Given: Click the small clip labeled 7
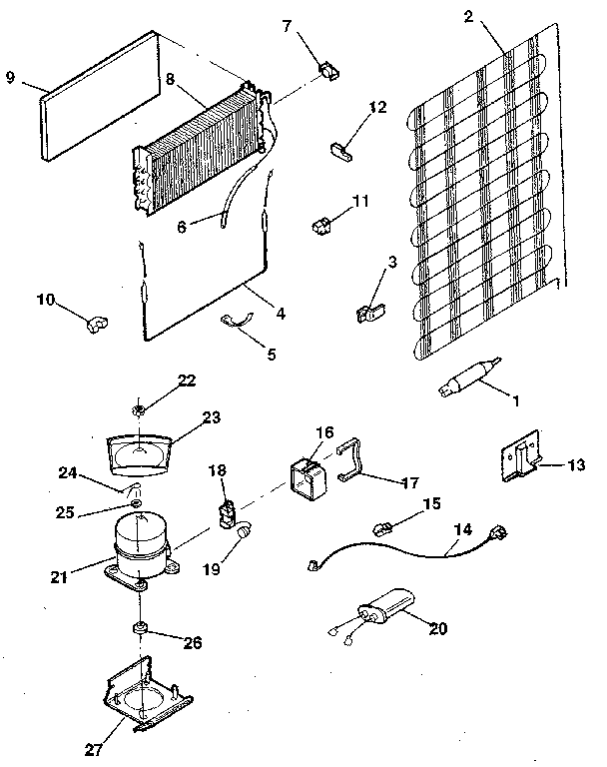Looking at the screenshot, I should point(326,70).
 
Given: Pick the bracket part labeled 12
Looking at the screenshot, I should point(340,150).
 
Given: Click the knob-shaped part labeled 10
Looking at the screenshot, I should point(97,322).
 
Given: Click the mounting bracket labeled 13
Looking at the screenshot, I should point(522,458).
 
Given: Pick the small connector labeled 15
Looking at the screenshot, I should point(381,525).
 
